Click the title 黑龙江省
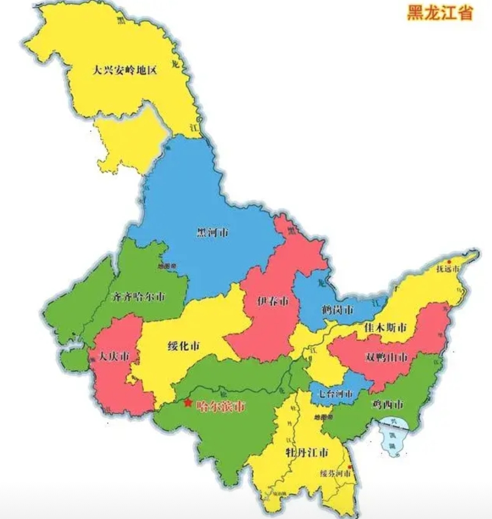point(440,13)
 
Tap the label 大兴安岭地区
point(125,70)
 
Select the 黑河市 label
point(213,232)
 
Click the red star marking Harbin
point(188,403)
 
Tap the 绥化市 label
point(183,346)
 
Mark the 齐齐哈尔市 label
point(139,298)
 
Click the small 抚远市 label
point(448,269)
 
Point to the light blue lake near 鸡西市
point(393,435)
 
